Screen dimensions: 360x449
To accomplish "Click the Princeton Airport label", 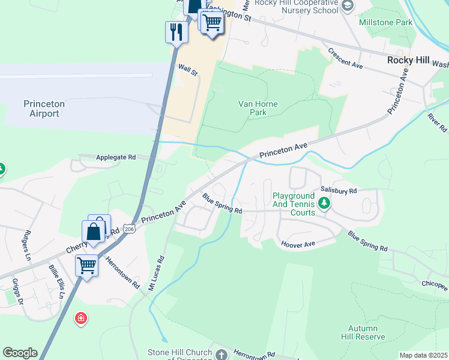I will [44, 109].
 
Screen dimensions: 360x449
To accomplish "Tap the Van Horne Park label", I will [258, 108].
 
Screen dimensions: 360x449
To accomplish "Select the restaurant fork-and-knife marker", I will [176, 32].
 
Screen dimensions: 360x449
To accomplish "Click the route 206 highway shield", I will [128, 229].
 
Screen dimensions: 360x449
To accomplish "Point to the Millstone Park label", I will [385, 22].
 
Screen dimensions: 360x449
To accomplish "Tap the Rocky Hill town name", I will [408, 61].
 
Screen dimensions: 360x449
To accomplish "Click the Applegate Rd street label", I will [116, 157].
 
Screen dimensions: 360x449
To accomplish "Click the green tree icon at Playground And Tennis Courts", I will [324, 204].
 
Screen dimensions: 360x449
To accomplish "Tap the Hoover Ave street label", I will [298, 244].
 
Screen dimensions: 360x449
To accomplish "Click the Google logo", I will [20, 353].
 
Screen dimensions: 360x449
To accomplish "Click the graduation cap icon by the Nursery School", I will [347, 6].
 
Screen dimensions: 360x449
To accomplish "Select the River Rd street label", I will [438, 120].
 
